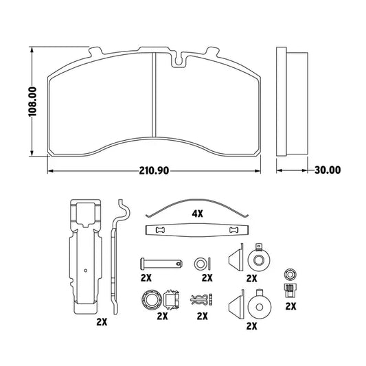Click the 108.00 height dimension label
(x=32, y=102)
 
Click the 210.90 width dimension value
(x=154, y=170)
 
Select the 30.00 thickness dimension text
(x=328, y=170)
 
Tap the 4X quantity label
(x=198, y=214)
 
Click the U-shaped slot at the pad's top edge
(x=179, y=60)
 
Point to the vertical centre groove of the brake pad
(x=154, y=95)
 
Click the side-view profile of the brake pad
(x=292, y=102)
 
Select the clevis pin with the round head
(x=161, y=263)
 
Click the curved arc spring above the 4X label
(x=197, y=208)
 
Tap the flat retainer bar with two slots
(x=197, y=230)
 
